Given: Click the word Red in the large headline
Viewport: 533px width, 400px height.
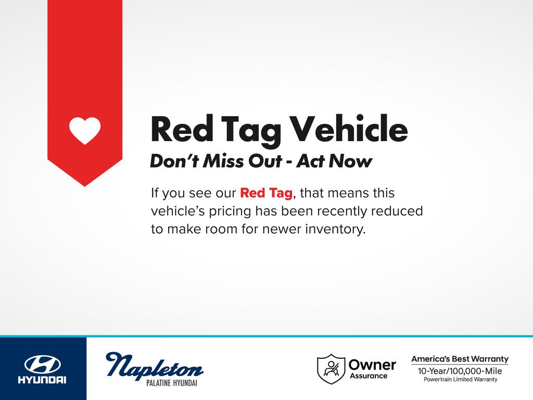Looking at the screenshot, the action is (182, 129).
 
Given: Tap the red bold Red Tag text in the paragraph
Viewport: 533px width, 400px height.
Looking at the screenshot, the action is (266, 193).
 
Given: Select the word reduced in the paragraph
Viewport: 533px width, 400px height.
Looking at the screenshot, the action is (397, 211).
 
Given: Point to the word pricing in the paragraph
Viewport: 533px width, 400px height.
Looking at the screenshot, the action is (230, 211).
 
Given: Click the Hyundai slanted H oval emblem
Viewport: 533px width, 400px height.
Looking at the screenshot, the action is (43, 365).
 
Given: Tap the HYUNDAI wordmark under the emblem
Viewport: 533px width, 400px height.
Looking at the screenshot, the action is (42, 380).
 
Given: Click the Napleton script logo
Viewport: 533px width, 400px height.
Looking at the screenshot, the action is (154, 365).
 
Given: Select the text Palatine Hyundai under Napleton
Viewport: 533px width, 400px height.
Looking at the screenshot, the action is (172, 383).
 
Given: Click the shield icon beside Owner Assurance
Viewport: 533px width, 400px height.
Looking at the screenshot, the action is (331, 369).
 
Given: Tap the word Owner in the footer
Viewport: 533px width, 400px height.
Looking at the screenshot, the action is (372, 365).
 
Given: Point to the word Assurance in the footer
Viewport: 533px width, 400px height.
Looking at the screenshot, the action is (369, 376).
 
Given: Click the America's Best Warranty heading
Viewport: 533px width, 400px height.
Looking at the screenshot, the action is (460, 359).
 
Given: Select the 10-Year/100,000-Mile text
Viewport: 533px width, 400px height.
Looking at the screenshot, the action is (460, 371).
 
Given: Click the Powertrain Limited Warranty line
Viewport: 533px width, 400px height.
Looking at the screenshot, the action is (460, 379).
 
